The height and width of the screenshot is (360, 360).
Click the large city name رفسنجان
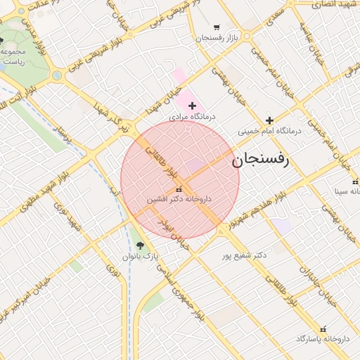(264, 161)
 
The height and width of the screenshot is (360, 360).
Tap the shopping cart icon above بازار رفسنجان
(216, 27)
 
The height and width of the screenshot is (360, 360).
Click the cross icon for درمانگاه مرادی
(192, 105)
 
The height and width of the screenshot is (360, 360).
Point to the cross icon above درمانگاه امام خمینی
(269, 120)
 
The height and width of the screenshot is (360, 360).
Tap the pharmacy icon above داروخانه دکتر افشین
(179, 188)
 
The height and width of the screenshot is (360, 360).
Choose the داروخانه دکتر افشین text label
(179, 199)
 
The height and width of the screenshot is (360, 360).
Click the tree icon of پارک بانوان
(140, 245)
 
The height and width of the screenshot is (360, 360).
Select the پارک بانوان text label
(141, 257)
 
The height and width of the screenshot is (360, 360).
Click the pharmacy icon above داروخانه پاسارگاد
(323, 328)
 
